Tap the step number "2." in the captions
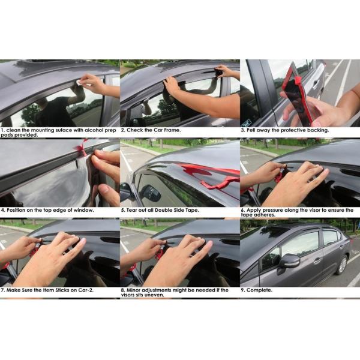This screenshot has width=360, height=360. (x=123, y=130)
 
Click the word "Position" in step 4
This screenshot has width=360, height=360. (x=17, y=210)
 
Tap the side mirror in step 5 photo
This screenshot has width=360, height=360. (x=149, y=193)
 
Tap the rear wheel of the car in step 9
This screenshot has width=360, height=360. (x=342, y=265)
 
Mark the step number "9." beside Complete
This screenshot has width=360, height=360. (x=243, y=290)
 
